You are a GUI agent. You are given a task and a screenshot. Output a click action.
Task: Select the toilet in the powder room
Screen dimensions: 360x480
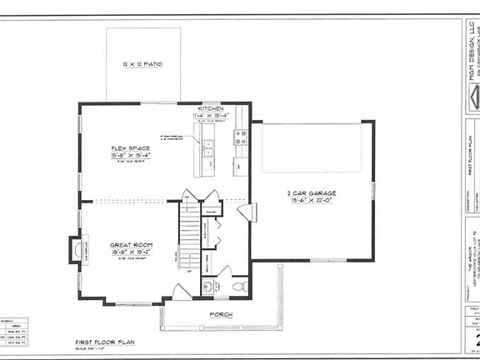point(239,287)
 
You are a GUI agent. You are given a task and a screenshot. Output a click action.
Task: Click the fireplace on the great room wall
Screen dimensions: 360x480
point(77,249)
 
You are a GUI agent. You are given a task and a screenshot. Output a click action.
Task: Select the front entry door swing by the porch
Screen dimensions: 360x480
point(181,292)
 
